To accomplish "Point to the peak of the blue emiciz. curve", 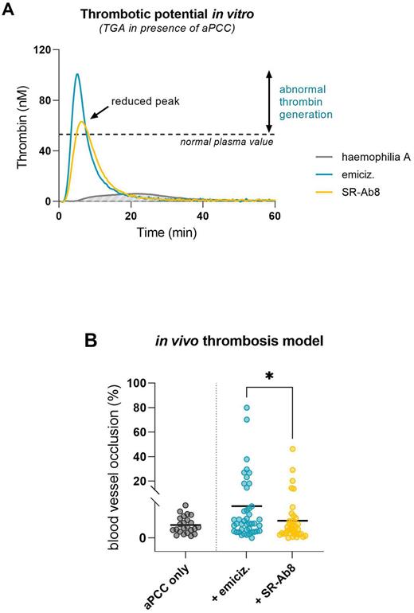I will click(x=77, y=75).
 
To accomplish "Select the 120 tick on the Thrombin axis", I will click(x=41, y=49).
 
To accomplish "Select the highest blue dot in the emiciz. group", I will click(x=248, y=407).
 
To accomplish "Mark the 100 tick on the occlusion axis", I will click(x=145, y=383).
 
